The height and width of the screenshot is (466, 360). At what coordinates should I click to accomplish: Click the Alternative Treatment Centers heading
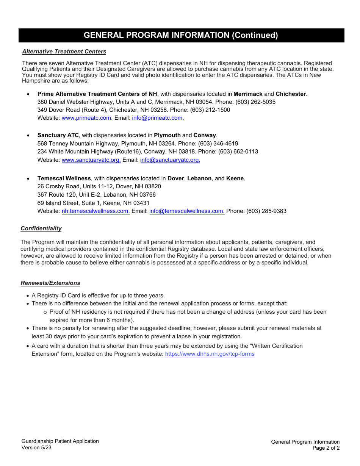pyautogui.click(x=64, y=52)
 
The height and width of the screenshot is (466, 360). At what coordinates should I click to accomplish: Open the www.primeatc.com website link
pyautogui.click(x=87, y=118)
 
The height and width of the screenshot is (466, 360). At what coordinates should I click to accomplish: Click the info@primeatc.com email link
pyautogui.click(x=158, y=118)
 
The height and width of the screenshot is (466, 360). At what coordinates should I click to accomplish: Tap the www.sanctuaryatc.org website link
pyautogui.click(x=91, y=160)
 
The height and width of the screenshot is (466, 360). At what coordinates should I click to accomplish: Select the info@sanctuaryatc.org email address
pyautogui.click(x=170, y=160)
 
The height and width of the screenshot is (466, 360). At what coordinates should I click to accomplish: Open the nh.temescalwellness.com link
pyautogui.click(x=95, y=211)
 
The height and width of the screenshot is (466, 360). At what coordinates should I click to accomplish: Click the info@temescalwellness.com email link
pyautogui.click(x=187, y=211)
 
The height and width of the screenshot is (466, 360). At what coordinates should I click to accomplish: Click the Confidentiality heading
pyautogui.click(x=41, y=228)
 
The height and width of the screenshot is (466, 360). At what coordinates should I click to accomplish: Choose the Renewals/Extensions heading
pyautogui.click(x=50, y=283)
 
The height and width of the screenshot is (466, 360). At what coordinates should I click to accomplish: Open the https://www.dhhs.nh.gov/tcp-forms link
pyautogui.click(x=210, y=354)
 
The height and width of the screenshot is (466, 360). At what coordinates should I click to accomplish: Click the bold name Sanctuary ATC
pyautogui.click(x=58, y=135)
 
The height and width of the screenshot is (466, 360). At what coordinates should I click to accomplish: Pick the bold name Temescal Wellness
pyautogui.click(x=64, y=178)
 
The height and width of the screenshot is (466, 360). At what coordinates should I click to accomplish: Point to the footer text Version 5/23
pyautogui.click(x=36, y=447)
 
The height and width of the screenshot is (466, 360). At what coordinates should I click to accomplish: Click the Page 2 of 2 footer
pyautogui.click(x=326, y=448)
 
